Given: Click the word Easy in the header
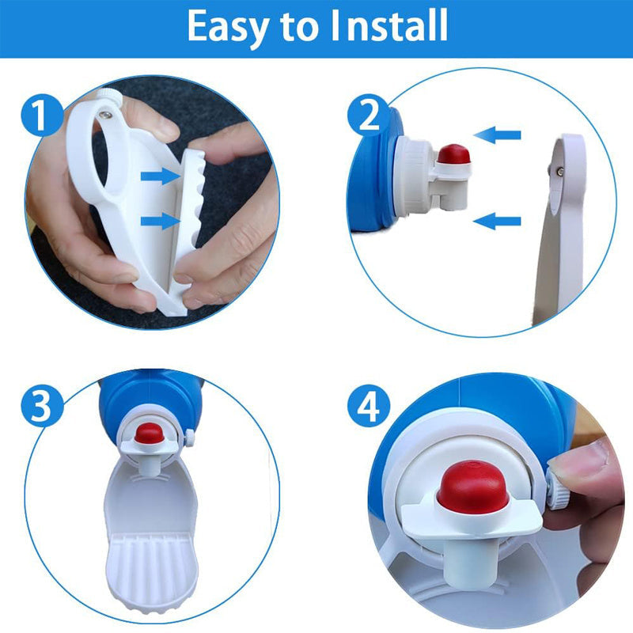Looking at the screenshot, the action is (227, 27).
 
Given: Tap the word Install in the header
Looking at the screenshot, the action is (389, 25).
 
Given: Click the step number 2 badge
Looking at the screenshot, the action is (369, 115).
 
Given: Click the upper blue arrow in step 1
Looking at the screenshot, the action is (160, 176).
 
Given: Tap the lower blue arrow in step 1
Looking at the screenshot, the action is (160, 221).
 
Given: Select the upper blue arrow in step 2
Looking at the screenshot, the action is (497, 135).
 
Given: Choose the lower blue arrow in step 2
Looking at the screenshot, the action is (497, 221).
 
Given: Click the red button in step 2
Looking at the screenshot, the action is (454, 154).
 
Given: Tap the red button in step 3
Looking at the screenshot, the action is (149, 433).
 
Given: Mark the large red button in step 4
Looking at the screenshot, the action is (472, 487).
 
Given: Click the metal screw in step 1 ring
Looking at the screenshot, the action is (106, 116).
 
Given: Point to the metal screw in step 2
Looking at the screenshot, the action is (560, 172).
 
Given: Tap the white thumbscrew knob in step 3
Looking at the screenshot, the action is (189, 438).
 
